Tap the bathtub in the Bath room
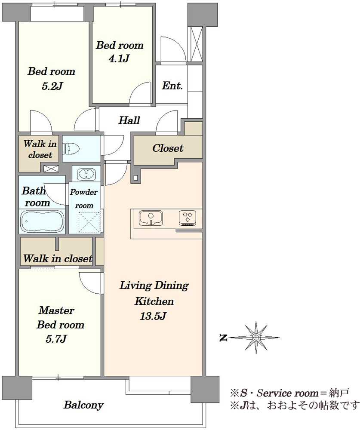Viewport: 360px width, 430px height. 42,221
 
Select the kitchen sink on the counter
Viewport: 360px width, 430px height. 151,218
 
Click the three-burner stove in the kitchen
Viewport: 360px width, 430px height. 188,218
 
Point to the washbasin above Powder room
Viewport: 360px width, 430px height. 86,175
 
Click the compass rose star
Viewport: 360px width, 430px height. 256,338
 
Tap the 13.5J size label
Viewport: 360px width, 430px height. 153,316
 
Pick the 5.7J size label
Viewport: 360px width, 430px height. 56,339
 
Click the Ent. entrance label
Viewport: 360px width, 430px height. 172,86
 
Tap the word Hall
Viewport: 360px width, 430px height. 129,120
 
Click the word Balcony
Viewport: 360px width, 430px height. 83,405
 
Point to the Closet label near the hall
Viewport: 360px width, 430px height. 168,148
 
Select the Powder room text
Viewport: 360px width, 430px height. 84,199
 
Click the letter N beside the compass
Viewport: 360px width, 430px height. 224,338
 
